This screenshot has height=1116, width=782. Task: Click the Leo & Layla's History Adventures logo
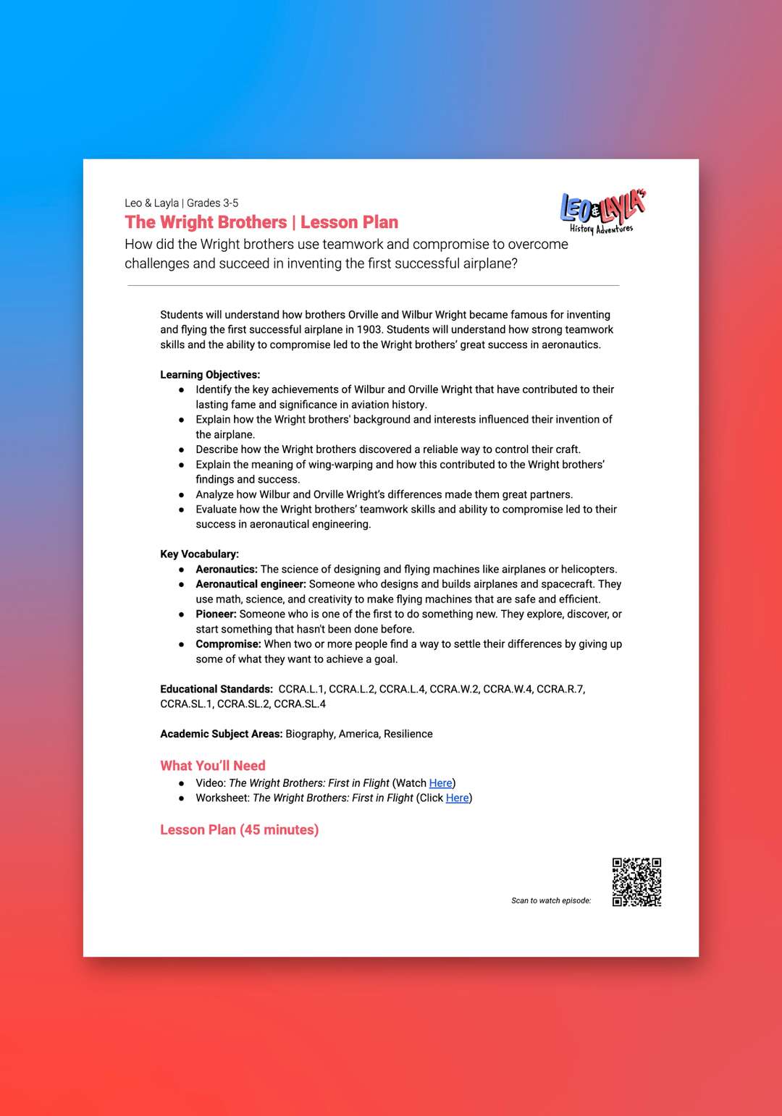click(x=602, y=212)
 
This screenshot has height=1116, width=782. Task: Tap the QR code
click(x=636, y=882)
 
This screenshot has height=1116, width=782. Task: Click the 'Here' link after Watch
click(x=440, y=783)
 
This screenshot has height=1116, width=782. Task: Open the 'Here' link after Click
click(x=457, y=798)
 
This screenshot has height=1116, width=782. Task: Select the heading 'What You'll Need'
click(x=213, y=766)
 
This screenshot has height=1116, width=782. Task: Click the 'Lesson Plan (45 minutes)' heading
click(x=239, y=829)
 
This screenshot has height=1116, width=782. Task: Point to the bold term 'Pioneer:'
click(x=216, y=614)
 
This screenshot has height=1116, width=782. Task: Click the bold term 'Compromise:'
click(x=228, y=644)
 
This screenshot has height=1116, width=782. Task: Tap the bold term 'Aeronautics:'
click(x=227, y=570)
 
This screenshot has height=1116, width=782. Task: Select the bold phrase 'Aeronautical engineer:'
click(x=251, y=584)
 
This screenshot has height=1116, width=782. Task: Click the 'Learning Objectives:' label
click(x=210, y=375)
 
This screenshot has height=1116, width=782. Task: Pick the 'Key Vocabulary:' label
click(x=199, y=554)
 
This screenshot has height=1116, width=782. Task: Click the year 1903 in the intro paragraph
click(x=369, y=330)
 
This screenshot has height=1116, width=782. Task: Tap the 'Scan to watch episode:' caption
click(x=551, y=901)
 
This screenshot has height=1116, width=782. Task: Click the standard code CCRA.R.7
click(x=560, y=689)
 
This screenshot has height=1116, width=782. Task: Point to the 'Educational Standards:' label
click(x=216, y=689)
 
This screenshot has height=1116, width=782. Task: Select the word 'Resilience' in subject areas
click(x=408, y=734)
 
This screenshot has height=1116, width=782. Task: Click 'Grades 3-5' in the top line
click(x=212, y=203)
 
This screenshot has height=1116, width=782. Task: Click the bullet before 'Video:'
click(x=182, y=783)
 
